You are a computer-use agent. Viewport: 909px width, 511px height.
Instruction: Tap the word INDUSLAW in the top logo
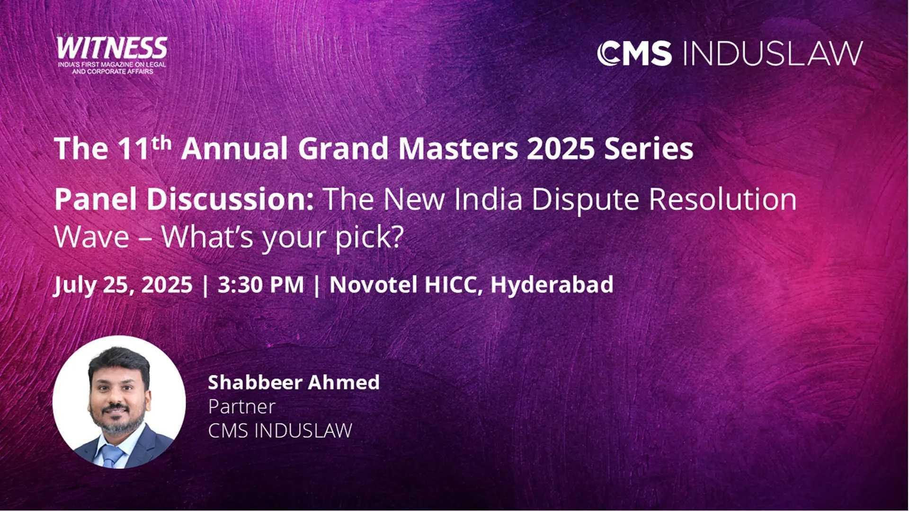pos(773,53)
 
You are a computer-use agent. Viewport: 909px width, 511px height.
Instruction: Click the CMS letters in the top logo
pos(634,53)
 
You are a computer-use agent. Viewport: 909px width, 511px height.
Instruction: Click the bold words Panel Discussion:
pos(184,199)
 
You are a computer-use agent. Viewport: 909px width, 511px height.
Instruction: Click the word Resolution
pos(723,199)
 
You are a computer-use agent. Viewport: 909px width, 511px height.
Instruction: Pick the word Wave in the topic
pos(92,237)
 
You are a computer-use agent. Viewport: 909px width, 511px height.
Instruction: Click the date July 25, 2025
pos(123,285)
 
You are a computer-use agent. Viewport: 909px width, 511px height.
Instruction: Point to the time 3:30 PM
pos(261,285)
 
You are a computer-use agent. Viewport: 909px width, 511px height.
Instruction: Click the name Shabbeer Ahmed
pos(294,382)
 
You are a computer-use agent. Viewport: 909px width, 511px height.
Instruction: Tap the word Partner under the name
pos(241,406)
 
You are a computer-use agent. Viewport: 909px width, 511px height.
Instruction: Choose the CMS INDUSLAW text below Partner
pos(280,431)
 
